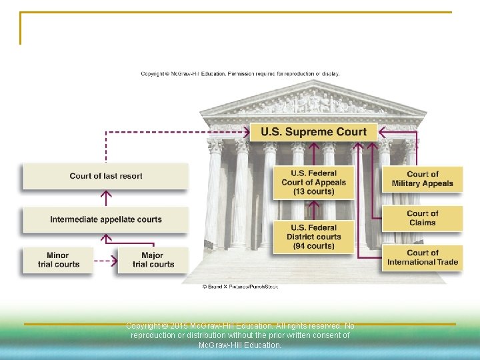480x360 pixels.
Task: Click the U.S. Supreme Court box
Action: [313, 131]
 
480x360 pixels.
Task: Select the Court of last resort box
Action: [105, 176]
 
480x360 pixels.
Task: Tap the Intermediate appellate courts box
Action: [105, 219]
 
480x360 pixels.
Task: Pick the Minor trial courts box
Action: [58, 260]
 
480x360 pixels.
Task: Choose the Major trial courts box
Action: [153, 260]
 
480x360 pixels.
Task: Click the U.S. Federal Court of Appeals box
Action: [313, 182]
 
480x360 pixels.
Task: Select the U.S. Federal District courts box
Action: [313, 237]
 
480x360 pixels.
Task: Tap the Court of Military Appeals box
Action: [422, 179]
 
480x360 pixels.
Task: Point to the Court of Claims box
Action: [422, 218]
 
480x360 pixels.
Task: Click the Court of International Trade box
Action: [422, 257]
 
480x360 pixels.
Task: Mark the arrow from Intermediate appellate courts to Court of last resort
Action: [105, 198]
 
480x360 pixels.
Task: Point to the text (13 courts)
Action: [313, 192]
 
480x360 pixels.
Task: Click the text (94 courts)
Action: [313, 246]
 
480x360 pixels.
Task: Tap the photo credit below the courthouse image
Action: [239, 286]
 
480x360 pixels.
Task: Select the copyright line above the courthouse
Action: [240, 73]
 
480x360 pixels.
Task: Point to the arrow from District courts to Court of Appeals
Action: [313, 209]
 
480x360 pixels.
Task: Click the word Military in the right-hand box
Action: [408, 183]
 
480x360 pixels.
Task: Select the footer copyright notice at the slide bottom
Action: [240, 335]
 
